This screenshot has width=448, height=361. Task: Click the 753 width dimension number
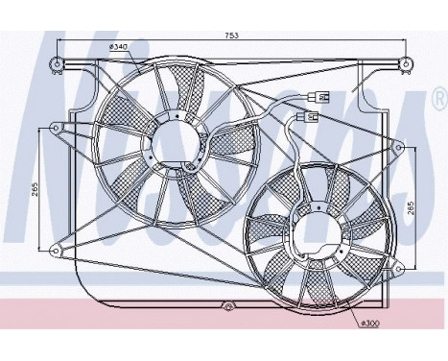tap(231, 36)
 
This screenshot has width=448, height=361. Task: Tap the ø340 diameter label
tap(119, 46)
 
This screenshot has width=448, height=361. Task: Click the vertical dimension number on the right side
tap(410, 209)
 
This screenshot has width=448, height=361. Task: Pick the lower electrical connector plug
tap(310, 118)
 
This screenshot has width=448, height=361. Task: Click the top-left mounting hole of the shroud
tap(59, 65)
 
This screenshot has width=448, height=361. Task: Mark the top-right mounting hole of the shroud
tap(407, 65)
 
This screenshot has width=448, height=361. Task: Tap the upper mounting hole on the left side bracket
tap(55, 128)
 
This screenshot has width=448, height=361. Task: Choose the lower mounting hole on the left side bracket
tap(55, 253)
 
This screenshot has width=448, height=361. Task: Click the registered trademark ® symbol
tap(437, 97)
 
